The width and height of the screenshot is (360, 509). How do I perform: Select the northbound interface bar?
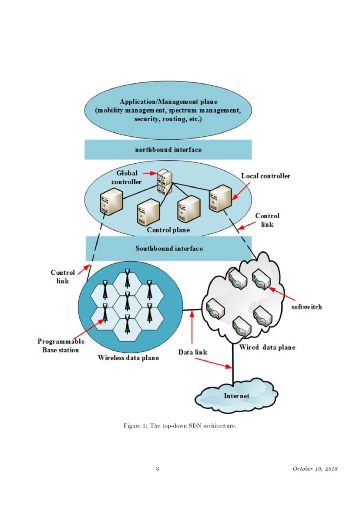(168, 149)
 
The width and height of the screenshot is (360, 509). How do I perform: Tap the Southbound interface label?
(169, 248)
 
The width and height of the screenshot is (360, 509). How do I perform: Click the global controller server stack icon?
(164, 181)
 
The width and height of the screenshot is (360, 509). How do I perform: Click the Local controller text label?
(266, 176)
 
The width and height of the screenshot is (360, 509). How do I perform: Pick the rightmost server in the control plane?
(219, 198)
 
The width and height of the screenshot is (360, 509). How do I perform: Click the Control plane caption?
(168, 229)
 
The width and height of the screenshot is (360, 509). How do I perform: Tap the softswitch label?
(306, 307)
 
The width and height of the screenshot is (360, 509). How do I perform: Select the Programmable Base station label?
(61, 345)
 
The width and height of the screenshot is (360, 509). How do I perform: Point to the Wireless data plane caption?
(128, 358)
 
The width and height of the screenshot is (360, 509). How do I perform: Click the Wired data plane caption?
(267, 347)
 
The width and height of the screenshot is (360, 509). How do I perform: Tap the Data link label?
(193, 351)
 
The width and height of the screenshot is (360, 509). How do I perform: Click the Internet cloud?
(236, 395)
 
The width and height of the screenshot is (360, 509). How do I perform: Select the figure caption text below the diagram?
(180, 425)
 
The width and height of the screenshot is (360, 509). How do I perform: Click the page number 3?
(158, 469)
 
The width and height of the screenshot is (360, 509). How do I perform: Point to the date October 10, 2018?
(315, 469)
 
